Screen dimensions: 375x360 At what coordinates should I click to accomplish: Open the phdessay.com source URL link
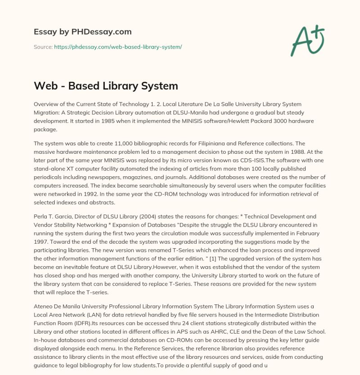click(118, 47)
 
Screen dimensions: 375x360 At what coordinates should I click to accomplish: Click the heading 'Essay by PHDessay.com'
click(82, 32)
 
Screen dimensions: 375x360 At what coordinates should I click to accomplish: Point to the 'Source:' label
click(43, 47)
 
